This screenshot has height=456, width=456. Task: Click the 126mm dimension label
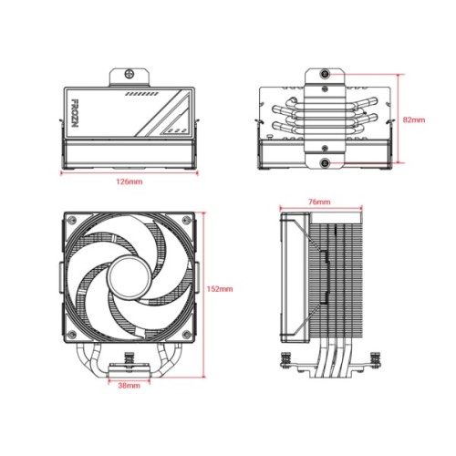point(130,181)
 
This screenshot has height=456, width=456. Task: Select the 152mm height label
point(221,288)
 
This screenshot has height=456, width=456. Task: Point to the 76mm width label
point(318,201)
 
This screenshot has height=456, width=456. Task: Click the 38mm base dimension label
point(130,386)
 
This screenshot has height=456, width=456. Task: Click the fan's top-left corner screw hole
point(70,220)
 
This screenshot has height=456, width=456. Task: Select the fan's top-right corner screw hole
point(186,220)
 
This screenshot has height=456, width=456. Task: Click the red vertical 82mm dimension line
point(399,119)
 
